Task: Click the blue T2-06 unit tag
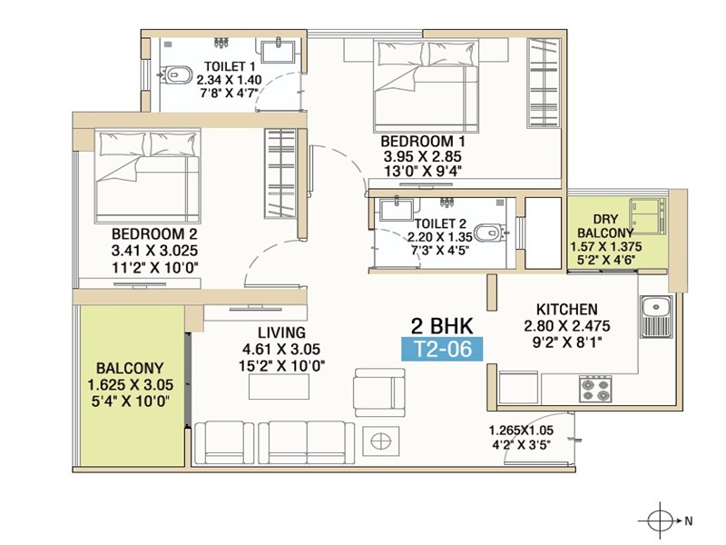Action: pos(442,349)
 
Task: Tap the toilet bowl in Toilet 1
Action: pos(176,74)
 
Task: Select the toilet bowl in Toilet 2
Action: pos(491,233)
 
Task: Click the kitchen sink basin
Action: pos(656,307)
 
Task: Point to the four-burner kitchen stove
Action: pos(595,389)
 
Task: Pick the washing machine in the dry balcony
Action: pos(647,216)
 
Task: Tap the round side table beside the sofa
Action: pos(380,441)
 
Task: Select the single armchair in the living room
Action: pos(379,392)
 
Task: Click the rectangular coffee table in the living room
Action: pos(279,387)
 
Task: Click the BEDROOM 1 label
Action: pos(423,141)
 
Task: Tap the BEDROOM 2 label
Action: pos(154,233)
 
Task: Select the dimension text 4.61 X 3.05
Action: pos(281,349)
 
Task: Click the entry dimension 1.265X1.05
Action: pos(521,431)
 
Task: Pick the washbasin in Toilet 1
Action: pos(279,51)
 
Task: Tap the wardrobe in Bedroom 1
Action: pos(544,83)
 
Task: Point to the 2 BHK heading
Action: pos(442,326)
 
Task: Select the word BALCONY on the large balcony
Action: pos(130,369)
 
